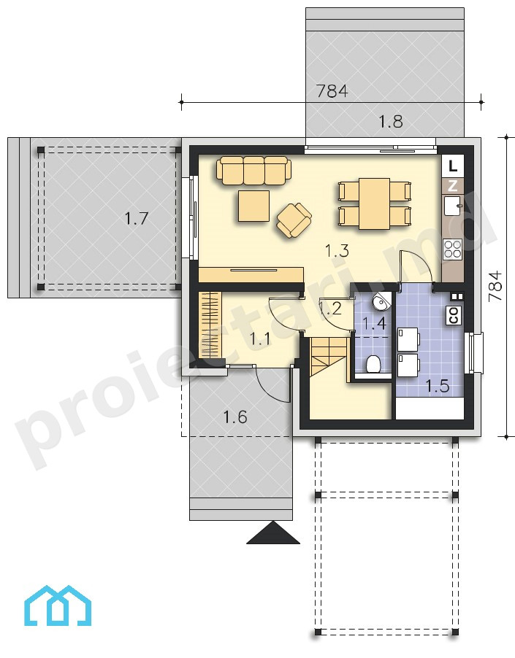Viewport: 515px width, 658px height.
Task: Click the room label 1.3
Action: click(x=337, y=250)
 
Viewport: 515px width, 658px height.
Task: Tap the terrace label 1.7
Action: click(x=137, y=219)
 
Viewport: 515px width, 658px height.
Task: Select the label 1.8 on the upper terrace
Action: click(x=391, y=122)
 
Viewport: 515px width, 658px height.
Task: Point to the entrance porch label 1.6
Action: click(x=234, y=417)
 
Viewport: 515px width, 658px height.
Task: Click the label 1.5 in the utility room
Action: click(x=438, y=386)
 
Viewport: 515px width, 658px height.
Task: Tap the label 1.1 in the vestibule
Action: click(x=260, y=338)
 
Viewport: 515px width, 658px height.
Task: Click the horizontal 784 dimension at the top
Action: click(x=332, y=90)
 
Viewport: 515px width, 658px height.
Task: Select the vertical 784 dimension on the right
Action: click(x=496, y=286)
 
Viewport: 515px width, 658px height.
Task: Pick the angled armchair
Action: click(x=294, y=220)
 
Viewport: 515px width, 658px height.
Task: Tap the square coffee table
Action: click(x=253, y=206)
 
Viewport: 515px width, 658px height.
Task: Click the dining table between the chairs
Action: click(x=374, y=204)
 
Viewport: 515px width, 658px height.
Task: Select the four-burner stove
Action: click(x=453, y=248)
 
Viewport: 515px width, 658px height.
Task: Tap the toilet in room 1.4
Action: click(x=373, y=363)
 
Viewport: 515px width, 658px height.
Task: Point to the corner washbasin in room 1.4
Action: click(x=382, y=301)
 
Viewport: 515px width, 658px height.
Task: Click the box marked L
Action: click(x=452, y=166)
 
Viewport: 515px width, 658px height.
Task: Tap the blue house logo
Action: click(x=58, y=606)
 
